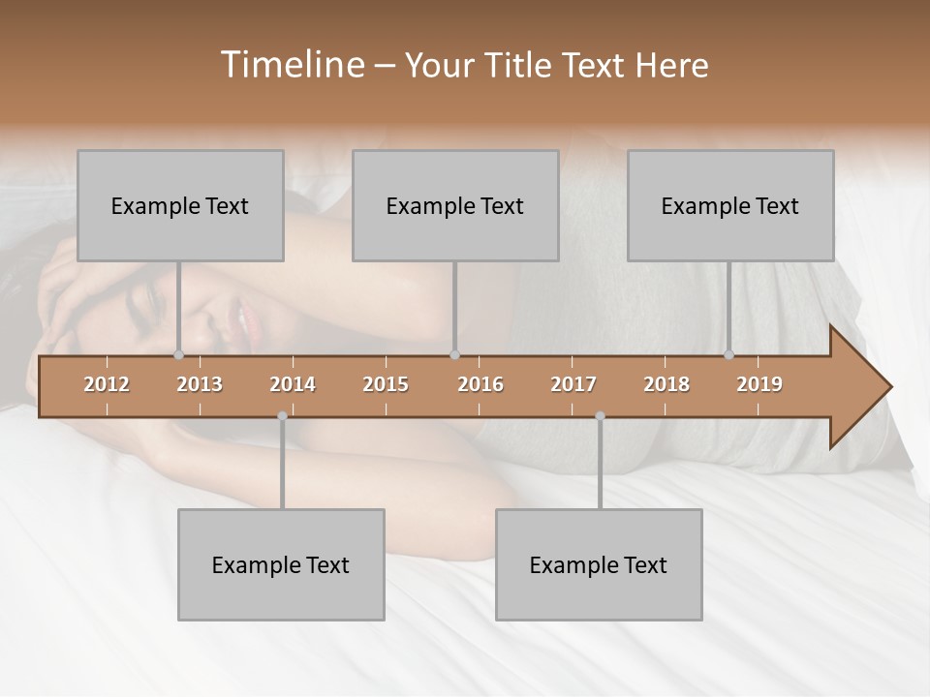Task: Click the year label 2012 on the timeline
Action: click(x=107, y=384)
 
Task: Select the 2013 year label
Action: click(x=200, y=384)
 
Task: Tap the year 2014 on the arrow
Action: click(x=293, y=384)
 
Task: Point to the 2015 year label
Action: click(x=386, y=384)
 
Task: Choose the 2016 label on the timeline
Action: click(x=480, y=384)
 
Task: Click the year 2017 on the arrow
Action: click(x=573, y=384)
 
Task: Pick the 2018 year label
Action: click(x=666, y=384)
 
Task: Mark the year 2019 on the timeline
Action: click(x=759, y=384)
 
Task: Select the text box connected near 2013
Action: click(x=180, y=205)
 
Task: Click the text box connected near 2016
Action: click(x=455, y=205)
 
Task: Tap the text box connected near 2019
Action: click(x=730, y=205)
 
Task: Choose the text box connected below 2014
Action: click(x=281, y=564)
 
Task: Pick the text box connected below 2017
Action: click(x=599, y=564)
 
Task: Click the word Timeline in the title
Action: click(x=291, y=65)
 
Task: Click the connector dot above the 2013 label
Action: click(x=179, y=354)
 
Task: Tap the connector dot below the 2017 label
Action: click(x=600, y=416)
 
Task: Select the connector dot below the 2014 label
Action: click(x=282, y=416)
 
